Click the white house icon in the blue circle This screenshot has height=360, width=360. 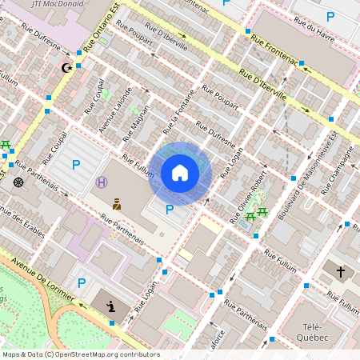[x=180, y=173]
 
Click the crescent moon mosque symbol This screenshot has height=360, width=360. [x=66, y=68]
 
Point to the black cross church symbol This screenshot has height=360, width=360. [x=340, y=272]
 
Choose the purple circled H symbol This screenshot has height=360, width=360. [x=102, y=182]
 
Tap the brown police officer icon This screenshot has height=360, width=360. [x=117, y=204]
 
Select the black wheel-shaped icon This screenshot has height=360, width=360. [x=18, y=182]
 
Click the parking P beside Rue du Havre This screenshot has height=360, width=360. [x=330, y=16]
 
